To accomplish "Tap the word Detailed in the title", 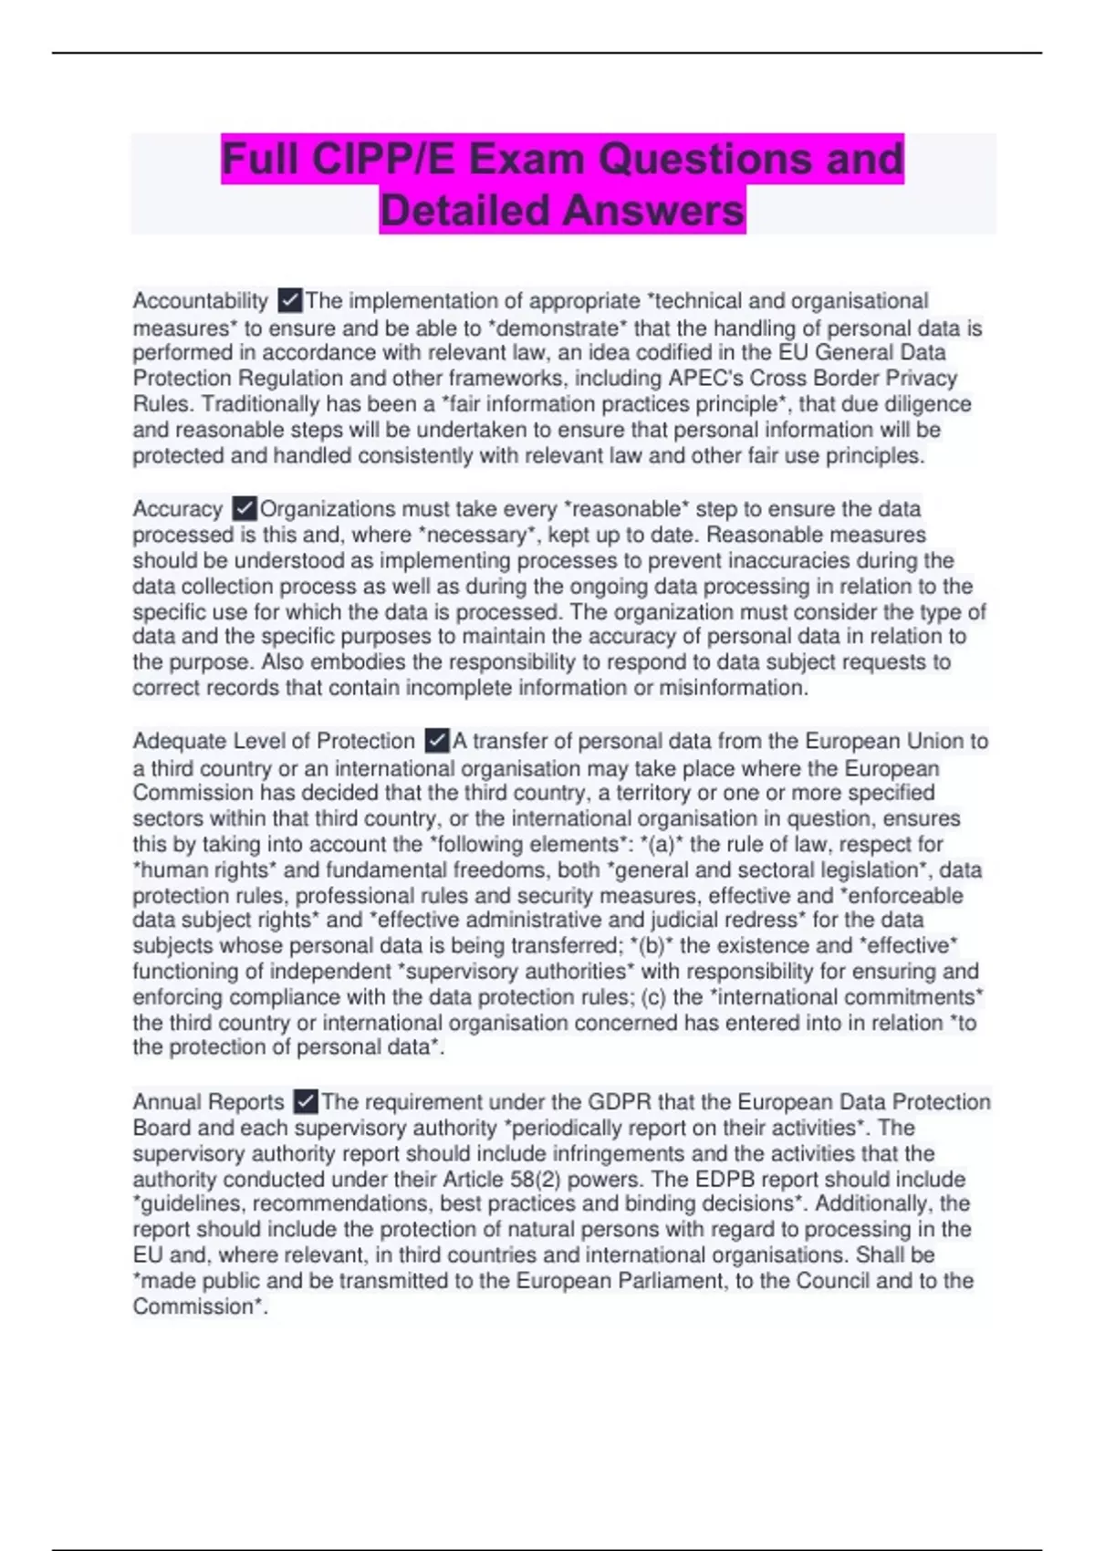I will [464, 211].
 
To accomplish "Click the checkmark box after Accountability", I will [289, 300].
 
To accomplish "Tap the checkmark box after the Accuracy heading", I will [244, 508].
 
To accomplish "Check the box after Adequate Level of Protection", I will [437, 740].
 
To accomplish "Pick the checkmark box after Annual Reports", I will [306, 1101].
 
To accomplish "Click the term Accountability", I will [200, 301].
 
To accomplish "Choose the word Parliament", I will [672, 1281].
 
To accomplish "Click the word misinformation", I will [733, 688].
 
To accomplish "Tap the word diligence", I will [923, 404].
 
